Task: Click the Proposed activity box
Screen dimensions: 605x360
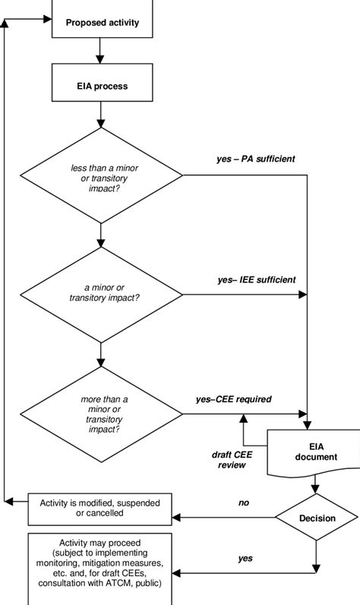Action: click(x=101, y=22)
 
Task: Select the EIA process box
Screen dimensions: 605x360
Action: click(x=101, y=85)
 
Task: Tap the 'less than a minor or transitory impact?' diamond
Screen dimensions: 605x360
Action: click(x=101, y=176)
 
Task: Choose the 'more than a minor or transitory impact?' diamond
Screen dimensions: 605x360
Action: click(x=101, y=414)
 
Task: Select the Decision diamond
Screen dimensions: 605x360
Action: click(x=317, y=518)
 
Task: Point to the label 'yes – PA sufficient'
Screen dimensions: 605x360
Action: click(x=256, y=159)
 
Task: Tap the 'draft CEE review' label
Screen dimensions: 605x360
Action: click(x=229, y=459)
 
